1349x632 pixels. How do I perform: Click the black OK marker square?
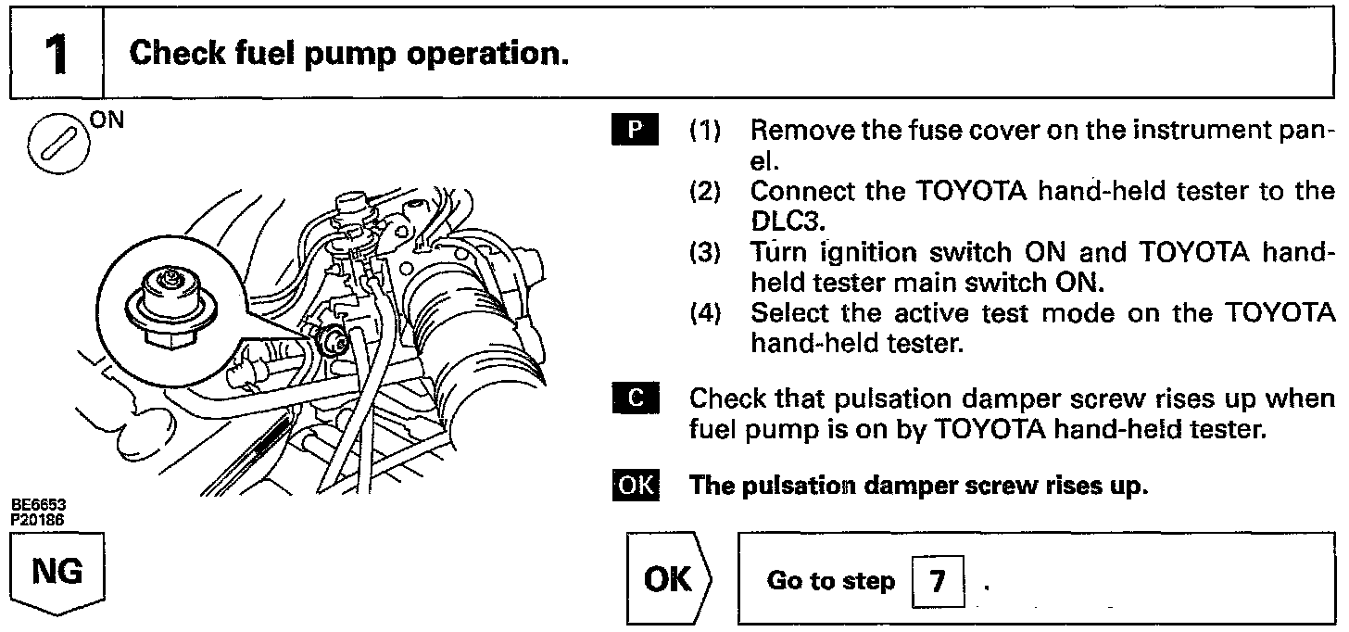click(x=635, y=486)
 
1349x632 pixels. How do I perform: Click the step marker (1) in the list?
click(x=707, y=131)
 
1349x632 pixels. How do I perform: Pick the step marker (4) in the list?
click(x=707, y=314)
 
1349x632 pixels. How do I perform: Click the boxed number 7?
click(x=938, y=581)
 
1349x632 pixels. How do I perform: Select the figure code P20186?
click(x=38, y=518)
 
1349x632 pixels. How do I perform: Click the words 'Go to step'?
click(x=830, y=581)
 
